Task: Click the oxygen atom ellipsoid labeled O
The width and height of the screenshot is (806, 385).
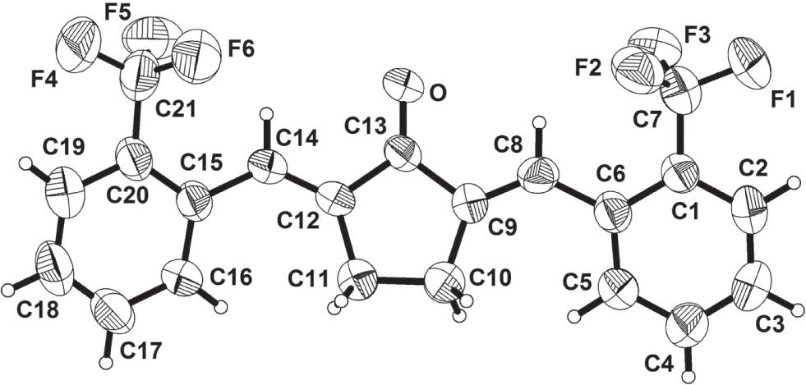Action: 403,83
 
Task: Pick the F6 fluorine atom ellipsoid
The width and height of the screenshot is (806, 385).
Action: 196,55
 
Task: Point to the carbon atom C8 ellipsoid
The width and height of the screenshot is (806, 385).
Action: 539,176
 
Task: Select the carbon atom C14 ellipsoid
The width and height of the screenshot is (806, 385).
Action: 267,166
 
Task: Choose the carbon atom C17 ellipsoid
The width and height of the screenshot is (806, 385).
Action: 113,311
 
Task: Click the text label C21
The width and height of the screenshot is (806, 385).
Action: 176,110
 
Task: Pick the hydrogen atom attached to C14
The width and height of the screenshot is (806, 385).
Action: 265,113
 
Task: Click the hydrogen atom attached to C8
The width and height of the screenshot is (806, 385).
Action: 539,122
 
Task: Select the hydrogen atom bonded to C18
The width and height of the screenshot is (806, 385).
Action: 7,290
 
